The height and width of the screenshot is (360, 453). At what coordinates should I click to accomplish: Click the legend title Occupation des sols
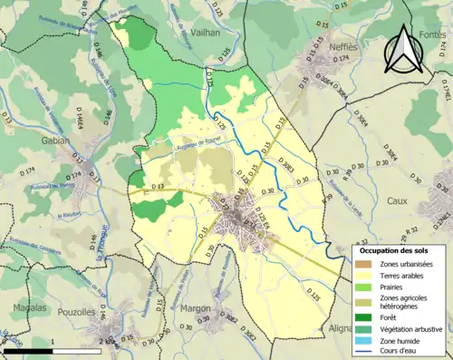pos(396,250)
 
